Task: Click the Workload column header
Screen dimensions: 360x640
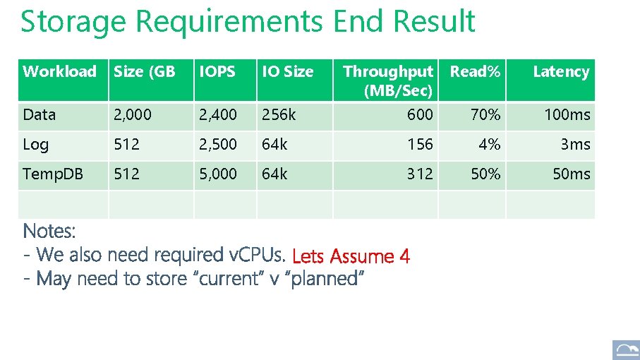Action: pos(59,71)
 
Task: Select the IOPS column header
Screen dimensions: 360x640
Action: pos(217,71)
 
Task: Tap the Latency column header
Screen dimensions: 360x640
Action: pos(560,71)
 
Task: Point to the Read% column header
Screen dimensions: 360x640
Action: pos(476,71)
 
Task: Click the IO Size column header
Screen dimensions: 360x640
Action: pos(287,71)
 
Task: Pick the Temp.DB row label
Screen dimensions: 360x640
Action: pos(53,174)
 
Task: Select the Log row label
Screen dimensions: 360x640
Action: pos(36,145)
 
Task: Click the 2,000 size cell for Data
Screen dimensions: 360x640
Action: pos(131,114)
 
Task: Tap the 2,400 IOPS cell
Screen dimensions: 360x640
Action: pos(218,114)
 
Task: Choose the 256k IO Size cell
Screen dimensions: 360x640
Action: pos(277,114)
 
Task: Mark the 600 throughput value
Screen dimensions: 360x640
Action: pos(420,114)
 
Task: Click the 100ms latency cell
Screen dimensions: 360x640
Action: pos(567,114)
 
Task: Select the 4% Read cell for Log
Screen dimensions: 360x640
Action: pos(489,145)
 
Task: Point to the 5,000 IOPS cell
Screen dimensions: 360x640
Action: pos(218,174)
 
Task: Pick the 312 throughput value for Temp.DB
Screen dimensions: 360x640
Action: pos(420,174)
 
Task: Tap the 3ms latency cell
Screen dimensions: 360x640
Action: pos(575,145)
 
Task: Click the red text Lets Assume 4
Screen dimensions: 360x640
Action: pos(350,256)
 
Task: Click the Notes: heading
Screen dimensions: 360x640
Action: pos(49,231)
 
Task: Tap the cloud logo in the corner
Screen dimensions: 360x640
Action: pos(625,350)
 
